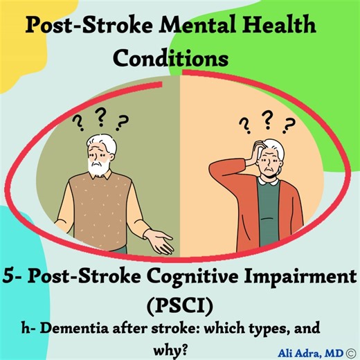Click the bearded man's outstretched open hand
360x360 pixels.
(x=161, y=242)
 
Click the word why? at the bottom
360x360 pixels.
(x=179, y=343)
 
